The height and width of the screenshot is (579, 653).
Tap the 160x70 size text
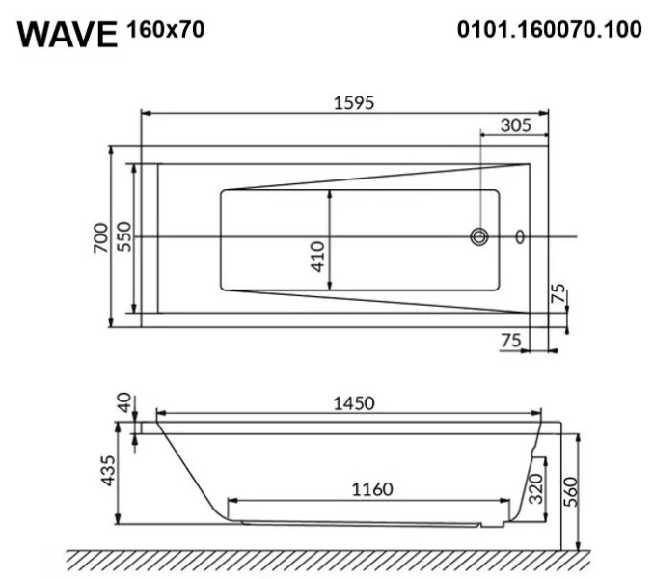click(x=165, y=30)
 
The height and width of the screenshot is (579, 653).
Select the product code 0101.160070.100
click(x=549, y=30)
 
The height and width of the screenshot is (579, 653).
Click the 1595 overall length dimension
click(x=346, y=102)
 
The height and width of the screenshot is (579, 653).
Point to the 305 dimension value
click(x=517, y=124)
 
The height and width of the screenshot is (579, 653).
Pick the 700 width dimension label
click(x=100, y=236)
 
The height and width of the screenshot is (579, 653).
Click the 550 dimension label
click(x=123, y=236)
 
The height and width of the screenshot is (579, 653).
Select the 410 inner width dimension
click(x=319, y=256)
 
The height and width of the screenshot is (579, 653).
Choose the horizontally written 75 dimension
click(x=512, y=339)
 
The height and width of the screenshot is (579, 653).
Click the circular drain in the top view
click(x=478, y=236)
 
